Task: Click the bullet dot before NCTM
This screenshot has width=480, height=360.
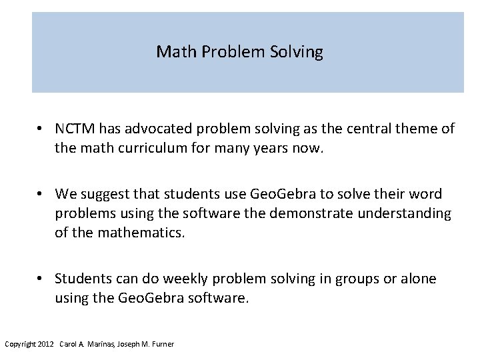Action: click(x=41, y=128)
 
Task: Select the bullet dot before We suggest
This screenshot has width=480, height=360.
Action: click(x=41, y=194)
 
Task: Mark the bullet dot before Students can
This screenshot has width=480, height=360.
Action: click(x=41, y=279)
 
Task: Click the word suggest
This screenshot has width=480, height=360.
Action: click(x=104, y=194)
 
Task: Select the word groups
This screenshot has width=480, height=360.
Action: click(x=359, y=279)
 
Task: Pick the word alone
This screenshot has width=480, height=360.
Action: click(x=418, y=279)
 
